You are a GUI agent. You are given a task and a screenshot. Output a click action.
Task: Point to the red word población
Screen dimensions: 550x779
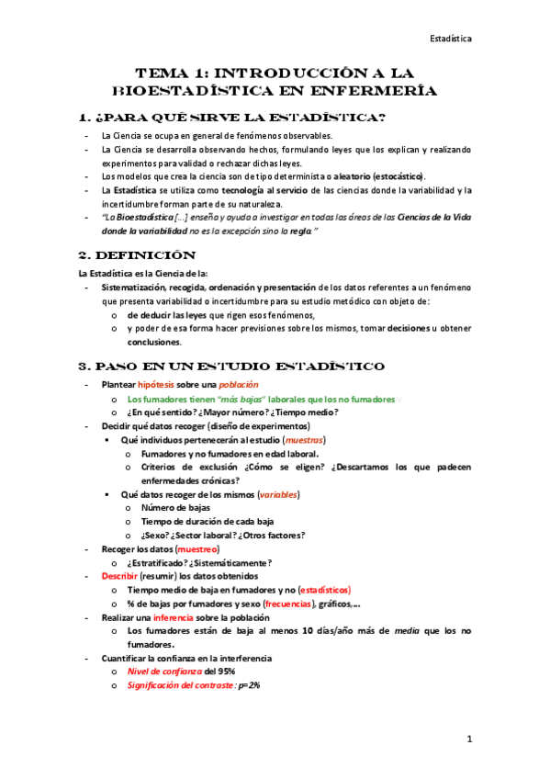(x=239, y=384)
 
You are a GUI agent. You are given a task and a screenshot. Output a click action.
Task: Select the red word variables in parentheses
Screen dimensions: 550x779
(x=278, y=494)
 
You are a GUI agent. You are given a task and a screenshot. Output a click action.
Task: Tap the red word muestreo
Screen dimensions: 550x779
(x=196, y=548)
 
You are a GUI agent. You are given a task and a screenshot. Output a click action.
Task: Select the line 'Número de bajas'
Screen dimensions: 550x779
(x=175, y=508)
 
